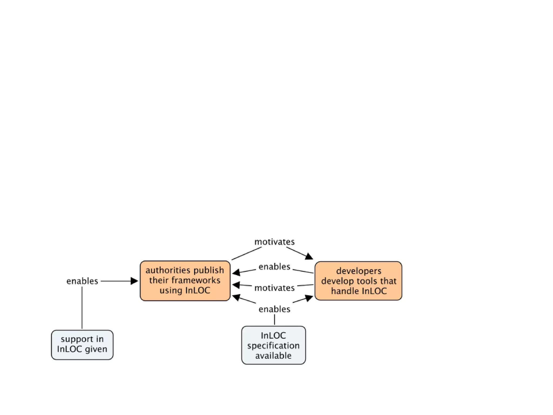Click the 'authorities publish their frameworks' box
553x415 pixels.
[185, 280]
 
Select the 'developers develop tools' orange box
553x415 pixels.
[358, 281]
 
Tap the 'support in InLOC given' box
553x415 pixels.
[82, 344]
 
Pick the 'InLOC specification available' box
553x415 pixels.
[273, 345]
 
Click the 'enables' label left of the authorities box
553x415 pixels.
[82, 281]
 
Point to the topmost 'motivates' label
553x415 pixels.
[274, 242]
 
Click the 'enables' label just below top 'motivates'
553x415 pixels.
[274, 267]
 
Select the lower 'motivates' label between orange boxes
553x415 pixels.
[274, 288]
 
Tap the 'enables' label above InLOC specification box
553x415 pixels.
[274, 309]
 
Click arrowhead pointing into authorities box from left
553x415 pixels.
[134, 281]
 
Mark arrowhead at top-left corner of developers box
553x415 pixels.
[309, 256]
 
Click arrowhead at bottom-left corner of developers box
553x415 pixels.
[309, 298]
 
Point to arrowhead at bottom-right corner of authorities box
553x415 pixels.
[236, 297]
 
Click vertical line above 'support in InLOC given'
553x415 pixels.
[82, 308]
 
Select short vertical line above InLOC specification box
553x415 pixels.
[274, 320]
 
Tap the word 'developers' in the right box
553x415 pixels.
[359, 271]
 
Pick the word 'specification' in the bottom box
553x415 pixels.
[273, 346]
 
